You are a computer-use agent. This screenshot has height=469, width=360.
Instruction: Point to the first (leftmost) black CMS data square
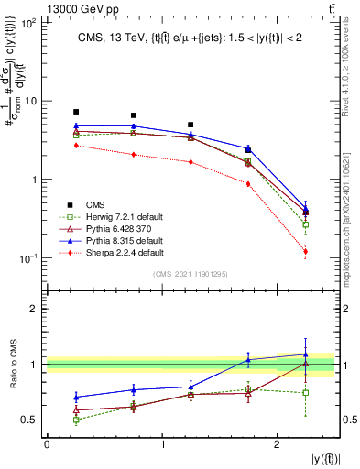pyautogui.click(x=76, y=112)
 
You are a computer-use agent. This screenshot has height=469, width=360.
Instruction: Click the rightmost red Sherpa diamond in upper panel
pyautogui.click(x=305, y=251)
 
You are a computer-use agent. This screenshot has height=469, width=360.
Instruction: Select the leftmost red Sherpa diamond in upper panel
pyautogui.click(x=76, y=145)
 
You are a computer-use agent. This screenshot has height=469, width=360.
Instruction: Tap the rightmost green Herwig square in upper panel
pyautogui.click(x=305, y=224)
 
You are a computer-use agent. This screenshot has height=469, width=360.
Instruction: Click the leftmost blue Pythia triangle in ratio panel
pyautogui.click(x=76, y=397)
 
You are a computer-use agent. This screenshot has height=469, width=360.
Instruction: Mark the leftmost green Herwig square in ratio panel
pyautogui.click(x=76, y=420)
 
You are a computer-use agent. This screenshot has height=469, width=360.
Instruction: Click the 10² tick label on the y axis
pyautogui.click(x=29, y=22)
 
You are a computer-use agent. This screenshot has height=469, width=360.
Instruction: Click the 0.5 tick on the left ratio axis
pyautogui.click(x=32, y=420)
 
